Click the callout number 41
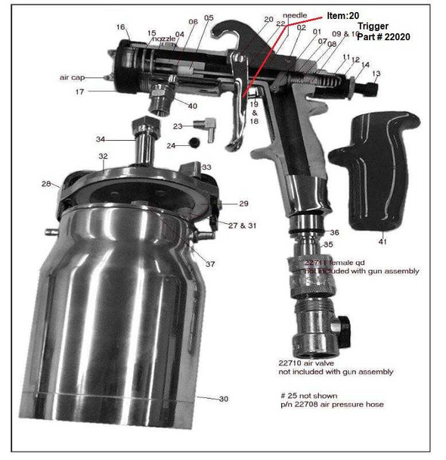coord(383,242)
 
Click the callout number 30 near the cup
coord(222,399)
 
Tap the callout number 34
coord(101,139)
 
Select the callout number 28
coord(46,184)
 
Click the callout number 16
coord(120,27)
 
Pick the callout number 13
coord(376,73)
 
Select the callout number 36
coord(333,232)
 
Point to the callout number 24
coord(171,145)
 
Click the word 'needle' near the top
coord(296,15)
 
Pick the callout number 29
coord(243,204)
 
